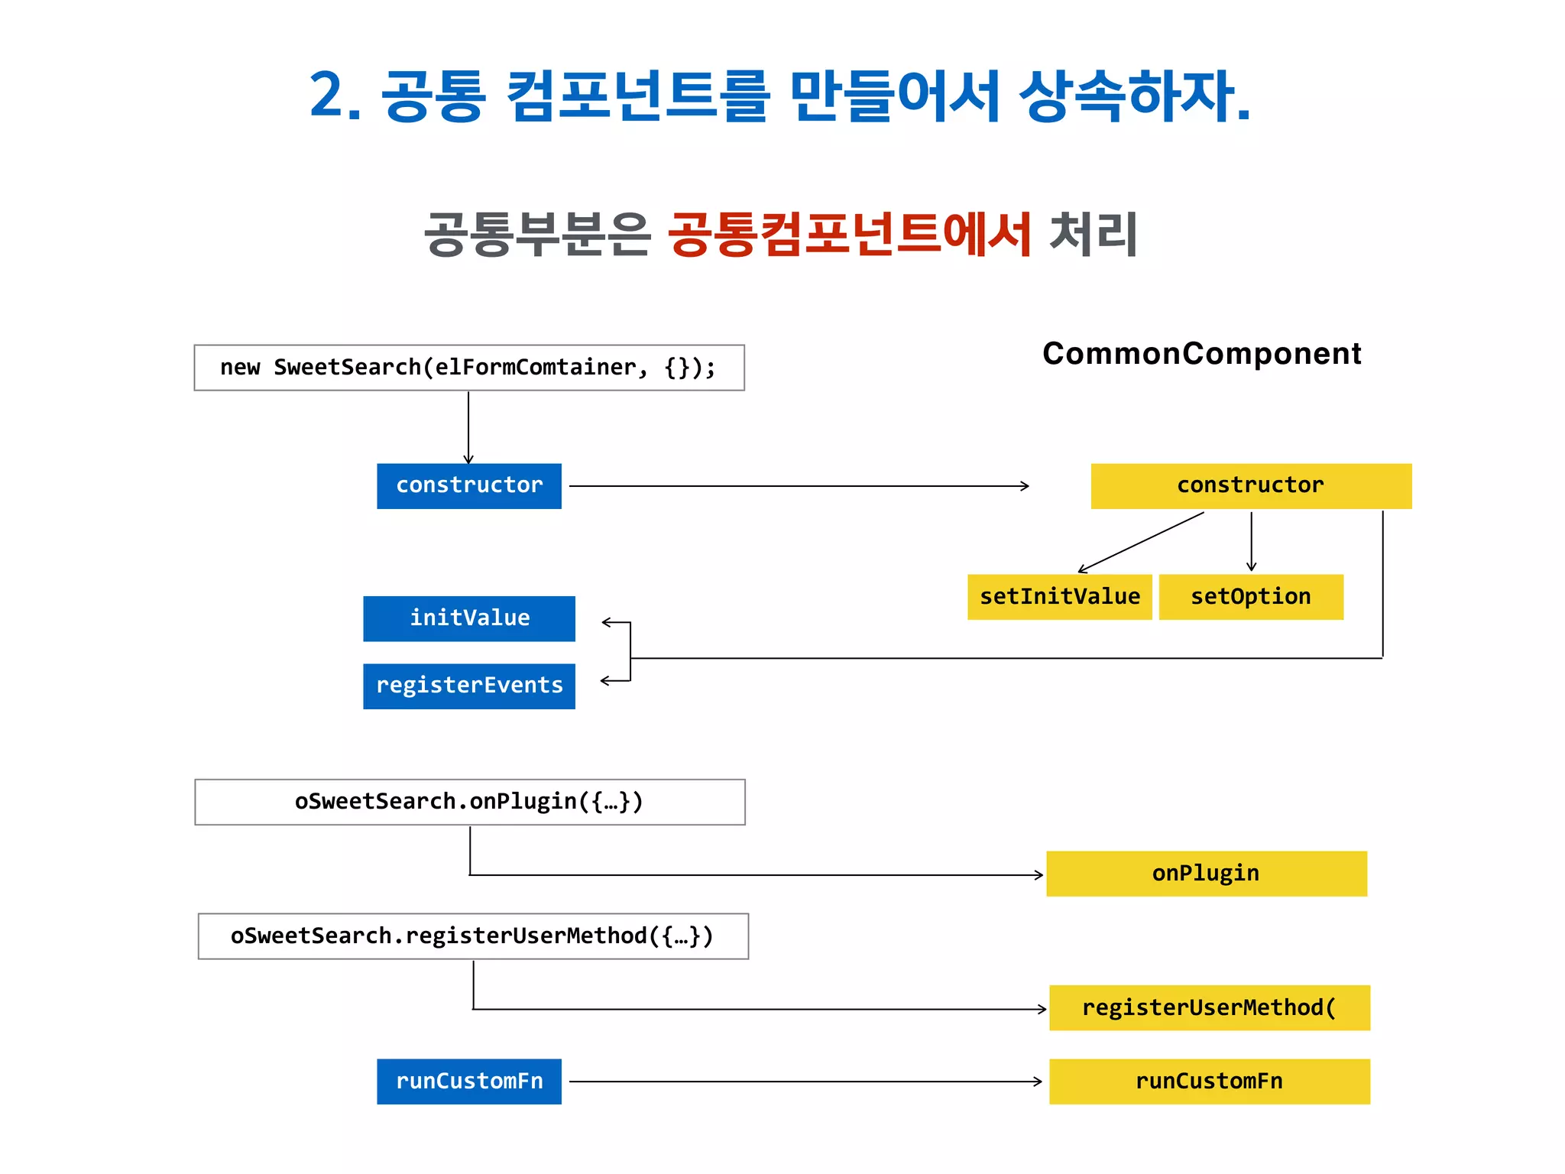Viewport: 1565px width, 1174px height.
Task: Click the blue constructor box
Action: [x=468, y=485]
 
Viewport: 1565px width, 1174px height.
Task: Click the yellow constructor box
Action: [x=1250, y=485]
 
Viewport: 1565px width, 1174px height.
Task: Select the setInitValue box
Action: [x=1059, y=596]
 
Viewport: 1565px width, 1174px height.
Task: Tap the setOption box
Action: [x=1250, y=596]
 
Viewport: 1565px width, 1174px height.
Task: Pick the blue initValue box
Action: [x=468, y=618]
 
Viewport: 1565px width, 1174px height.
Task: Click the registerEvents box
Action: [x=468, y=686]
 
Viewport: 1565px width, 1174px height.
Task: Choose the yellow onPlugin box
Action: [x=1206, y=873]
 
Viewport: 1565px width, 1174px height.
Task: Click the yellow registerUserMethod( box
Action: [x=1209, y=1007]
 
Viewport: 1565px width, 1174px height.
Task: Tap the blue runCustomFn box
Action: [x=468, y=1081]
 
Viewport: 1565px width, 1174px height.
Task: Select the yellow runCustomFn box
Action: [x=1209, y=1081]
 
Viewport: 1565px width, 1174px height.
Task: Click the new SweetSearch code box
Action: [x=468, y=368]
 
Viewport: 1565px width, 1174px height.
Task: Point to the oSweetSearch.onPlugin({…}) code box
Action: [x=469, y=802]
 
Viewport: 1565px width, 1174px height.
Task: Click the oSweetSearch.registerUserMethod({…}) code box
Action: [x=472, y=936]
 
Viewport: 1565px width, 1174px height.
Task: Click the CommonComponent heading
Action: [x=1201, y=353]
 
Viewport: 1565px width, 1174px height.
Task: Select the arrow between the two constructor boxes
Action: [x=799, y=486]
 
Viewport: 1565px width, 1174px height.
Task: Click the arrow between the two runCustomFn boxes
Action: [x=805, y=1082]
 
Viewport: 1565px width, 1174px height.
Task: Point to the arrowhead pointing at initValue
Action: [x=607, y=622]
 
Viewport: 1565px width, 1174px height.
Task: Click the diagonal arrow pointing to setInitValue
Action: [x=1140, y=542]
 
